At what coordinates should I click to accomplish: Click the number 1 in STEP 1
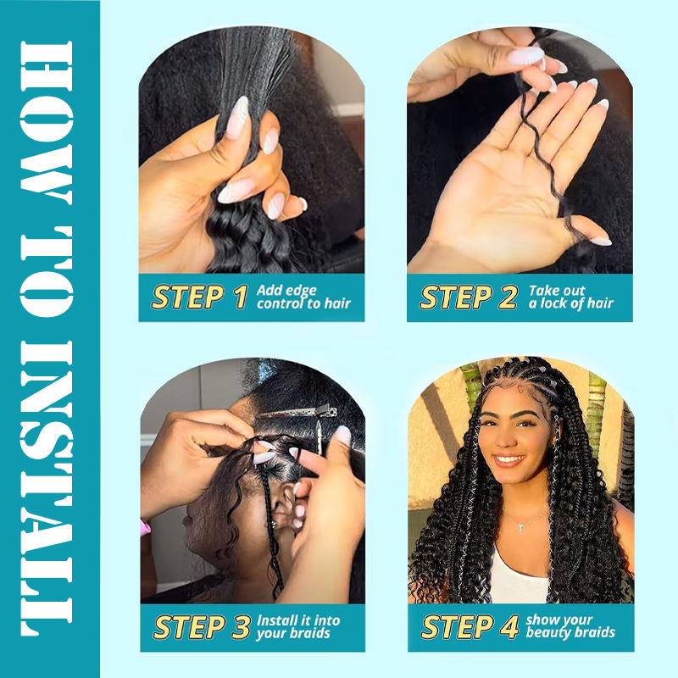(x=240, y=297)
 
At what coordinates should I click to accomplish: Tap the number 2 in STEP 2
(x=508, y=297)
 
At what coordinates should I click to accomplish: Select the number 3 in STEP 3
(x=241, y=627)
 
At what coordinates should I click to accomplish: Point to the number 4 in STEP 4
(x=509, y=626)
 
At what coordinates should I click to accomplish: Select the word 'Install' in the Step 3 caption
(x=276, y=620)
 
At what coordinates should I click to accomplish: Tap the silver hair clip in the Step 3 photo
(x=298, y=413)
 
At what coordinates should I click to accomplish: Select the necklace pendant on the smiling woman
(x=522, y=526)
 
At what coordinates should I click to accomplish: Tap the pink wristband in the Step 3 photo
(x=145, y=527)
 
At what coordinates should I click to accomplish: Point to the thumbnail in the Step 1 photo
(x=237, y=118)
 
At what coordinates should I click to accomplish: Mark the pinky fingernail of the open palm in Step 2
(x=601, y=242)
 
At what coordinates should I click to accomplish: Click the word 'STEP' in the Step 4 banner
(x=458, y=627)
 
